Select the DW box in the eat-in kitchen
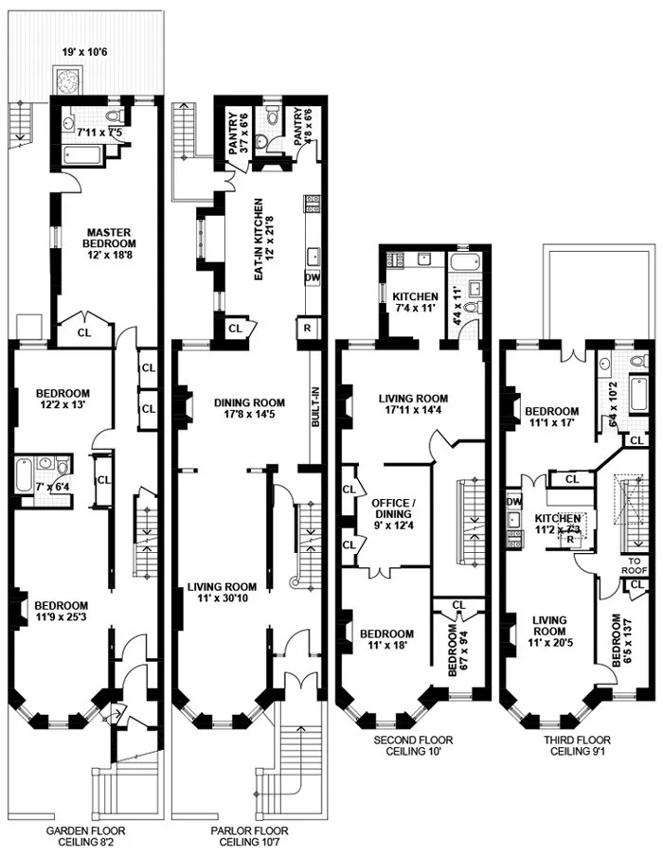(x=312, y=277)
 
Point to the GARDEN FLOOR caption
(x=85, y=831)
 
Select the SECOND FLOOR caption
(x=412, y=740)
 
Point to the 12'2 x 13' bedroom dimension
(x=63, y=408)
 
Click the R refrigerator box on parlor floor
(x=309, y=328)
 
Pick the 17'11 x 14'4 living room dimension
(x=413, y=413)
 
